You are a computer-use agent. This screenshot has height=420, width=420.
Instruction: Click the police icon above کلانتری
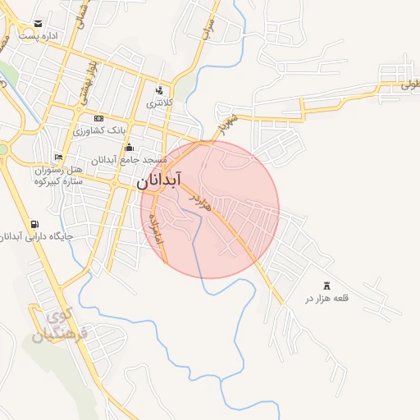[x=158, y=90]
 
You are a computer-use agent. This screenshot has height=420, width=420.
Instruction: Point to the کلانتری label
[x=158, y=103]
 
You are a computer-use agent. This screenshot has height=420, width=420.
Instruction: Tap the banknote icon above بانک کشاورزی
[x=99, y=118]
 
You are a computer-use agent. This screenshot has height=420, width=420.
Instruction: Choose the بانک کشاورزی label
[x=99, y=130]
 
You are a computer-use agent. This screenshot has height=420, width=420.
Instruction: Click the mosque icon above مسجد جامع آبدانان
[x=129, y=147]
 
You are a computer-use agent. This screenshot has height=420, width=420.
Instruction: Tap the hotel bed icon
[x=57, y=157]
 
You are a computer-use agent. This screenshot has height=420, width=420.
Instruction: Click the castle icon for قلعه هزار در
[x=327, y=285]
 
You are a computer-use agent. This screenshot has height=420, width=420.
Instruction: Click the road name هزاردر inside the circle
[x=200, y=203]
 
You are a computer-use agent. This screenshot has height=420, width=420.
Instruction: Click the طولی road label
[x=410, y=84]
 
